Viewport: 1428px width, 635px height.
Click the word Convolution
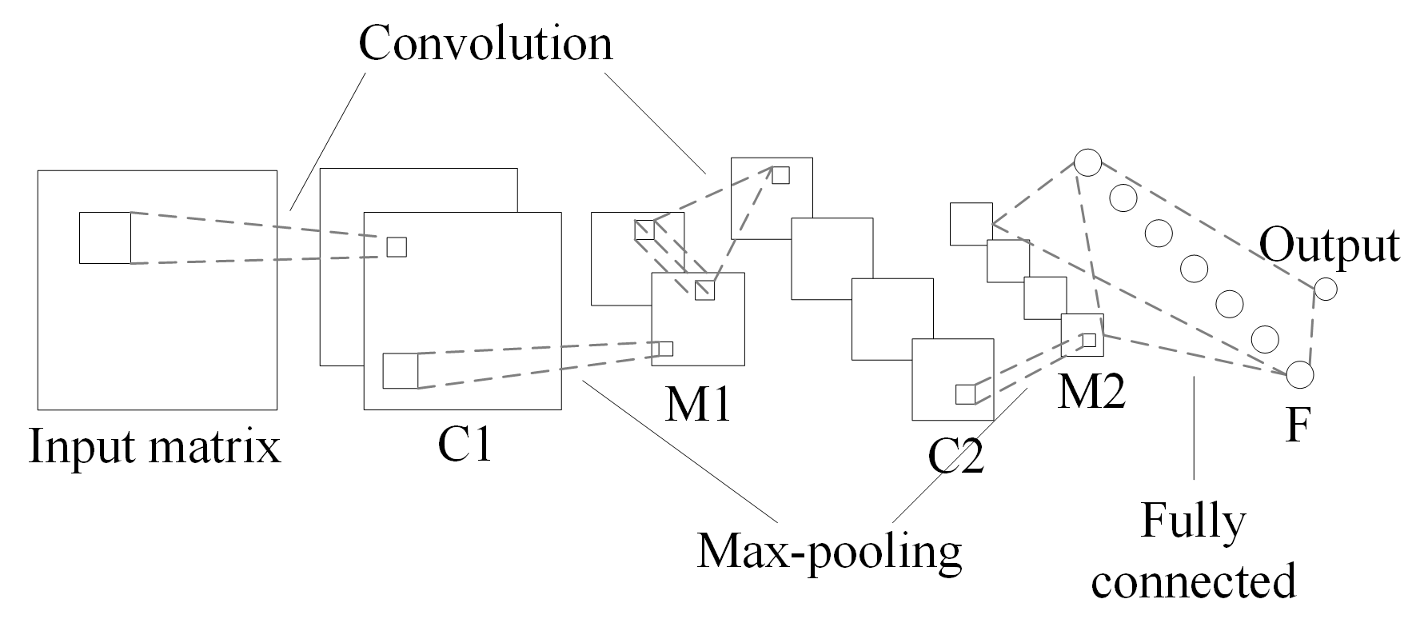pos(485,43)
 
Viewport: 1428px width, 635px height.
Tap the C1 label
pos(465,444)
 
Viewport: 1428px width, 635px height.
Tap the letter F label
pos(1297,425)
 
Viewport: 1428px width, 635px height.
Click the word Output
pos(1329,245)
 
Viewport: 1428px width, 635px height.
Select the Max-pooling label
pos(829,551)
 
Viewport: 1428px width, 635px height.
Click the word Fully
pos(1192,522)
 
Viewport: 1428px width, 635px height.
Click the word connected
pos(1193,581)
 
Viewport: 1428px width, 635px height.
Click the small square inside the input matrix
pos(105,238)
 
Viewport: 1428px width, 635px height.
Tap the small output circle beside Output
pos(1325,289)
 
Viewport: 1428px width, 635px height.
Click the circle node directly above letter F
pos(1299,373)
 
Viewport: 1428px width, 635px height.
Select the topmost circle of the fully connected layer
pos(1087,162)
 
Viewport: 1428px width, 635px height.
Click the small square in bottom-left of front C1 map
pos(401,370)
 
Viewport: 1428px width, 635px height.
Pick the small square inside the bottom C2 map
pos(966,393)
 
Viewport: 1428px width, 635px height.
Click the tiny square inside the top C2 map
pos(780,174)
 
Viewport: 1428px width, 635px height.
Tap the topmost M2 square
pos(971,223)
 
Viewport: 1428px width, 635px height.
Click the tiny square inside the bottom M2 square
pos(1088,340)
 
